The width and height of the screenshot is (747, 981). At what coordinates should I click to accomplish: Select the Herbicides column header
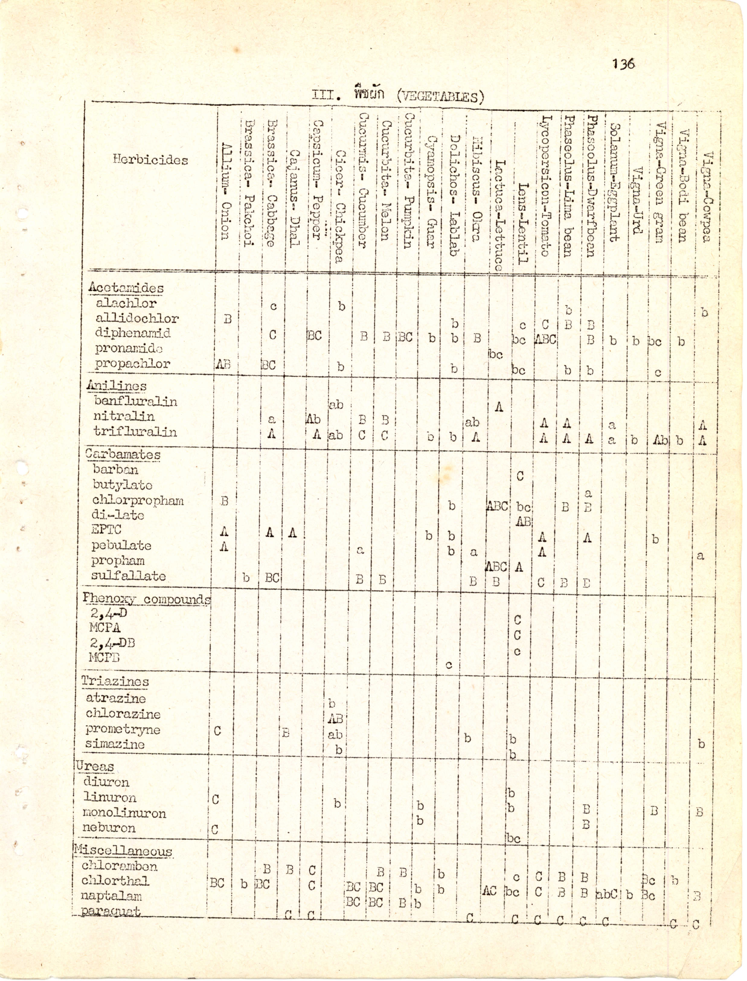[x=150, y=160]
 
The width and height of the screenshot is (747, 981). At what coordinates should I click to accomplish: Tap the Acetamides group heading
[x=126, y=288]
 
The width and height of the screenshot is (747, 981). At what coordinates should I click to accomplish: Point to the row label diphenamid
[x=133, y=333]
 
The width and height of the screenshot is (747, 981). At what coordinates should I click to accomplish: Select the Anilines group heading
[x=117, y=386]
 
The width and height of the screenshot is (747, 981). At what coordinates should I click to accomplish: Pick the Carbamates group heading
[x=123, y=455]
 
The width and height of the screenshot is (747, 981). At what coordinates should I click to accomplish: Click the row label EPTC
[x=106, y=530]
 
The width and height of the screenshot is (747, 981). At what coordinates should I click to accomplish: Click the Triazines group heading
[x=115, y=681]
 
